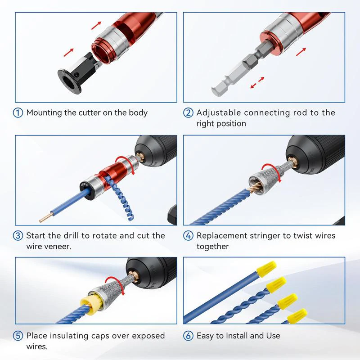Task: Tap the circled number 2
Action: [189, 113]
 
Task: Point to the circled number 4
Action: [189, 236]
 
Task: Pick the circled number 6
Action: [189, 336]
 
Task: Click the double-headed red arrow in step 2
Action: [257, 83]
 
